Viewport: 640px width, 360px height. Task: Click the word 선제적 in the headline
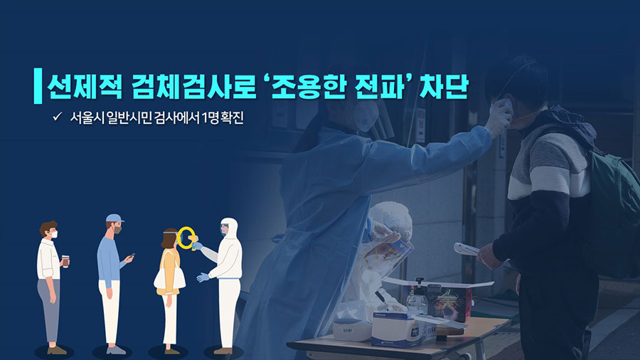[x=84, y=87]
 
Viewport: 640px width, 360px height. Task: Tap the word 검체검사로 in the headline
[x=193, y=87]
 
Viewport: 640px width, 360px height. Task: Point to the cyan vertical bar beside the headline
[x=38, y=85]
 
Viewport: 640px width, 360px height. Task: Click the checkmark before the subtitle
[x=57, y=117]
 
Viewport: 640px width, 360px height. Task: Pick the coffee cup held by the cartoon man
[x=65, y=261]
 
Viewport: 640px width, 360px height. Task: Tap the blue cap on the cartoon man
[x=114, y=218]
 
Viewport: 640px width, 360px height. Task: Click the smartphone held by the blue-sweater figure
[x=132, y=256]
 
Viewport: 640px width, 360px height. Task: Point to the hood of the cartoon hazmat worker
[x=229, y=227]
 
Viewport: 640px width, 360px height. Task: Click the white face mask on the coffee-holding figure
[x=54, y=235]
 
